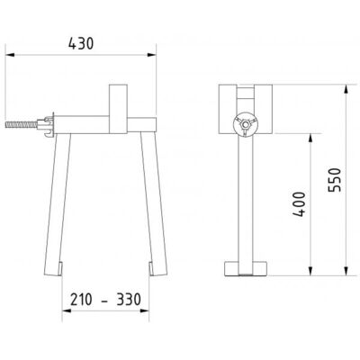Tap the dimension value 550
(x=334, y=181)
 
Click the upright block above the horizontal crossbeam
(x=120, y=100)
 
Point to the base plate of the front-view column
(x=245, y=269)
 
